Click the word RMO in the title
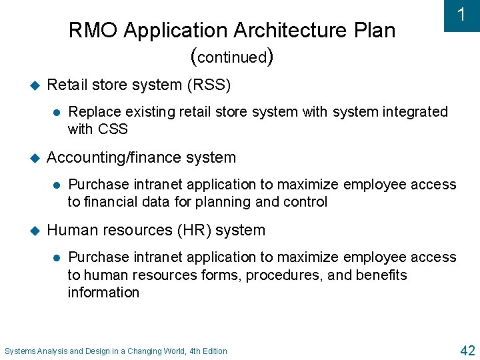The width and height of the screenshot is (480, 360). coord(93,31)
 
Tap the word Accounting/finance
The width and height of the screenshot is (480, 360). coord(110,157)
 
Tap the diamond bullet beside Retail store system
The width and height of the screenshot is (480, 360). coord(36,85)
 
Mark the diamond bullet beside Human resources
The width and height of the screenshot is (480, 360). coord(36,231)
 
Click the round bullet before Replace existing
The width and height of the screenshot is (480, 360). coord(57,112)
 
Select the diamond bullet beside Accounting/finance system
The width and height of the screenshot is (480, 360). coord(36,158)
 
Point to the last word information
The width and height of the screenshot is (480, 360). coord(103,292)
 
